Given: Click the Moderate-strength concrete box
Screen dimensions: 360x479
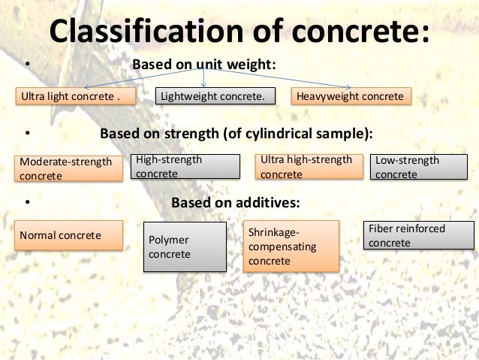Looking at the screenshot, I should click(69, 168).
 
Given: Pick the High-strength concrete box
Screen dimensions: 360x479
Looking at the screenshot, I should click(185, 167).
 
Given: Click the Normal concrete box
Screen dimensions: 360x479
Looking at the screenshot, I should click(69, 235).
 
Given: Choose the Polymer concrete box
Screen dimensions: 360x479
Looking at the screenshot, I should click(185, 247).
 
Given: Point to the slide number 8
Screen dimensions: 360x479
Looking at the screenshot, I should click(448, 344).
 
